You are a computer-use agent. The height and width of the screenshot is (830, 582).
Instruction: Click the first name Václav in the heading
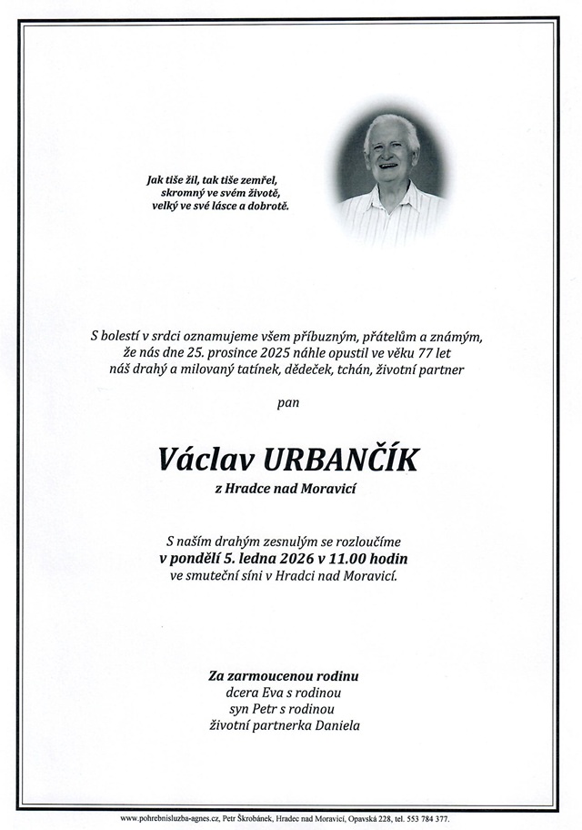[201, 460]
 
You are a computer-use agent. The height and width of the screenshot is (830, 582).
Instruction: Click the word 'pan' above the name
[289, 400]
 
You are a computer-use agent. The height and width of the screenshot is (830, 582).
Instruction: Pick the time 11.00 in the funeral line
[339, 558]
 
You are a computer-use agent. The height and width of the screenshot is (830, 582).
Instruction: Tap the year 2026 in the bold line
[289, 558]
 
